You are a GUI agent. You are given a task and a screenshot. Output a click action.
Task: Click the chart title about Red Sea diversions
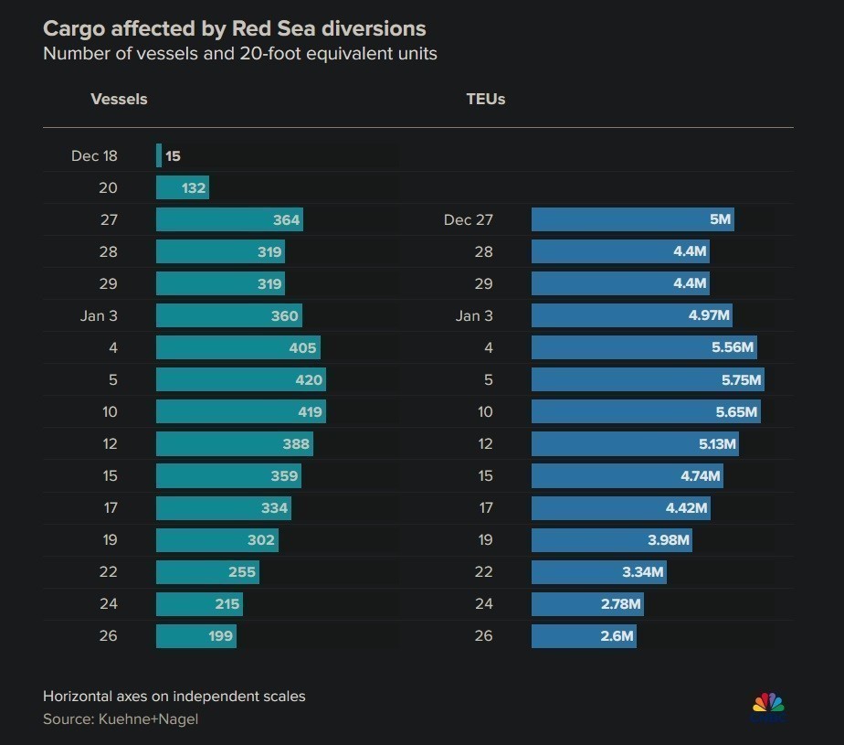pos(234,28)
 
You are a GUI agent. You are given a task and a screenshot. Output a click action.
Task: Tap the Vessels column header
pos(119,99)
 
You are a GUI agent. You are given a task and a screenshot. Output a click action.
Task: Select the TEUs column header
pos(485,99)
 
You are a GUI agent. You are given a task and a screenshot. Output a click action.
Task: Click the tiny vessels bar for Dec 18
pos(159,155)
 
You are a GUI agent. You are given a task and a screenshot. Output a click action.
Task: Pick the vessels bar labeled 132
pos(183,187)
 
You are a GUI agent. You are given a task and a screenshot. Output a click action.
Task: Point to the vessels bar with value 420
pos(240,379)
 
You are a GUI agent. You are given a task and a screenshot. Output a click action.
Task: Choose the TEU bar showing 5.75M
pos(648,379)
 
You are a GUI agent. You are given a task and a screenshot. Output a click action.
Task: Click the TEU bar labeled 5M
pos(632,219)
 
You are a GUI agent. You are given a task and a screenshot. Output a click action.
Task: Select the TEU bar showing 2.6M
pos(584,635)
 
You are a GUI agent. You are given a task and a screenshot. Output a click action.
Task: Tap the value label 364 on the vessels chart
pos(286,220)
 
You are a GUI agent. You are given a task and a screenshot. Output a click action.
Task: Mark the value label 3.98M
pos(668,540)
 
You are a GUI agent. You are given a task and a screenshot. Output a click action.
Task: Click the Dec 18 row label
pos(94,155)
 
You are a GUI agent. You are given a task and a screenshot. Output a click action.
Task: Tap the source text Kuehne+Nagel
pos(121,719)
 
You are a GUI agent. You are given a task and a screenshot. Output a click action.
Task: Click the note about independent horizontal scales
pos(174,697)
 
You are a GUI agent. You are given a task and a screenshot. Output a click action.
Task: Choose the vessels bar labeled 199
pos(195,635)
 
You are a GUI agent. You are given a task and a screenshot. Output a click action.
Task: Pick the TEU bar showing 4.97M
pos(631,316)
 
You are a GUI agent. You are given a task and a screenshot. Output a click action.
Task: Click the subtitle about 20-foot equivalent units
pos(239,54)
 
